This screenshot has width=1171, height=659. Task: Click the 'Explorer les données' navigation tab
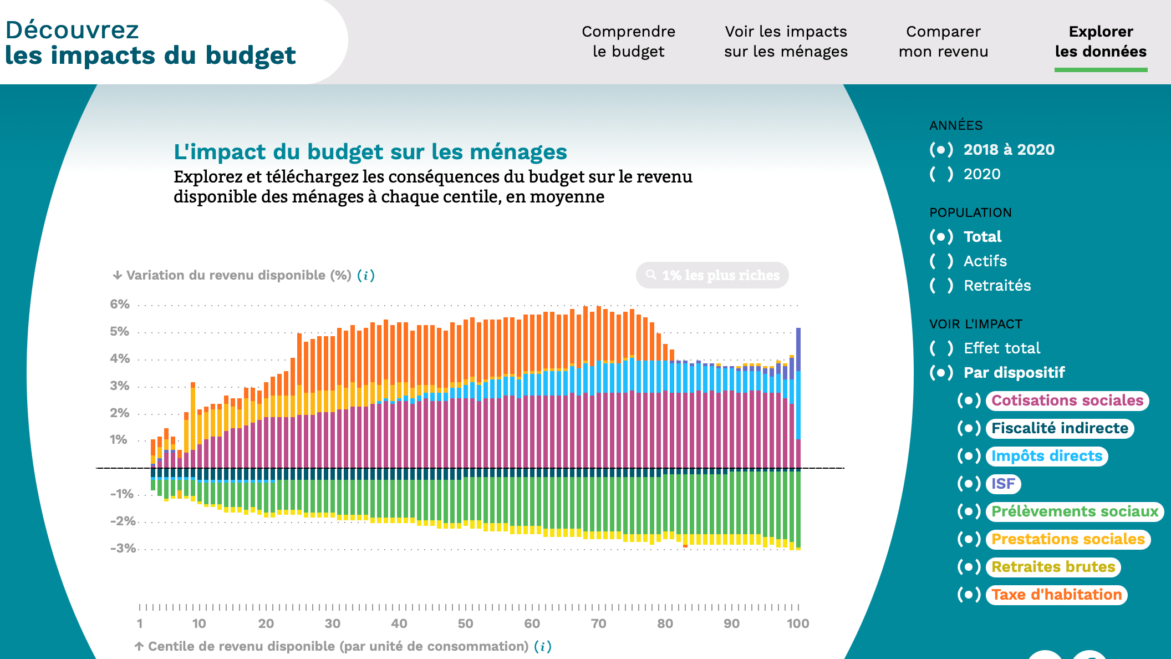(x=1101, y=42)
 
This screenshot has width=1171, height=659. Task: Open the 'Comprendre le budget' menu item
(x=628, y=42)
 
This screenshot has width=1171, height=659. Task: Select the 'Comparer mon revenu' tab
(x=943, y=42)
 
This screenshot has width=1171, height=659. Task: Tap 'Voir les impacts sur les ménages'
(x=786, y=42)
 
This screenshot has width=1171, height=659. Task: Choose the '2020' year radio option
(x=981, y=174)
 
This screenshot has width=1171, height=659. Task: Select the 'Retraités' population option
(x=997, y=286)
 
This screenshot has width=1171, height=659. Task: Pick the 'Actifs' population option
(x=985, y=261)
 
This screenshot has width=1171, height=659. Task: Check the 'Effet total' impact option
(x=1001, y=348)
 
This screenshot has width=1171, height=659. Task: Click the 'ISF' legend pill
(x=1003, y=484)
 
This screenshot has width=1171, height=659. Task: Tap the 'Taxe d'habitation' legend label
(x=1056, y=595)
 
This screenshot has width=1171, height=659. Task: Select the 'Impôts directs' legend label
(x=1046, y=456)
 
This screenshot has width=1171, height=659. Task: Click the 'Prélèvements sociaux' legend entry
(x=1074, y=511)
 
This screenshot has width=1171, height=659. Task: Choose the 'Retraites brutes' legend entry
(x=1052, y=567)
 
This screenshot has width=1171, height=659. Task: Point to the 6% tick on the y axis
(x=120, y=305)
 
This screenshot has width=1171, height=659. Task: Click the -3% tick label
(x=123, y=549)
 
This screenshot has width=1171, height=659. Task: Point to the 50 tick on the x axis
(x=465, y=623)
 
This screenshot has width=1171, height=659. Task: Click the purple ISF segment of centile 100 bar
(x=798, y=348)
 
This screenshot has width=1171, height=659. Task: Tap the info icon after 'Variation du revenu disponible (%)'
(x=366, y=276)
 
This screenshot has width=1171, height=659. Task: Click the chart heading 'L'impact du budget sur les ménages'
(x=370, y=152)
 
